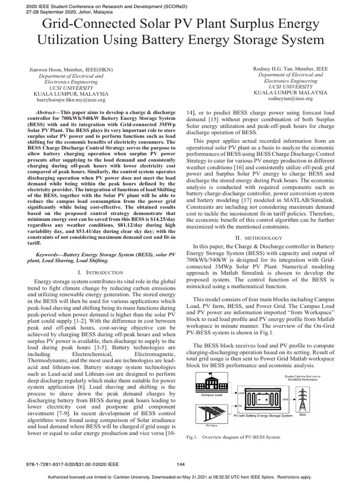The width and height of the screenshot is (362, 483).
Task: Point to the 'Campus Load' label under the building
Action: [211, 394]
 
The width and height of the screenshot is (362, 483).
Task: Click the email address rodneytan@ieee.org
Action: [290, 99]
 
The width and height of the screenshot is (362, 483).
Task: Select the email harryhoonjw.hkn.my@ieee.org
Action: [71, 100]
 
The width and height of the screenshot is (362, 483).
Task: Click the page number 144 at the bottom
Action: [181, 464]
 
